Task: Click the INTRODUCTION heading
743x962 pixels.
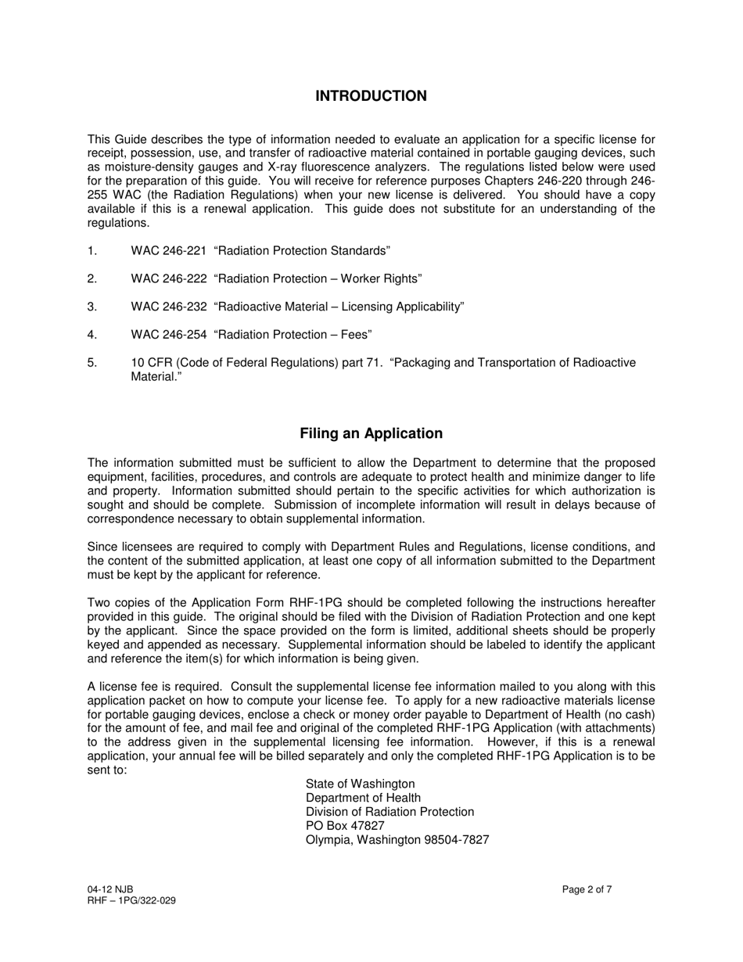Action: [371, 96]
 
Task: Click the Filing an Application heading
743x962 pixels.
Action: [371, 433]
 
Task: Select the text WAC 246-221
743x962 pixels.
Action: [168, 251]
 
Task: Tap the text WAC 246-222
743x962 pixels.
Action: [168, 279]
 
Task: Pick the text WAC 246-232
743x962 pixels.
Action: [168, 307]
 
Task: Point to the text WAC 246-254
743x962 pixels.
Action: [168, 336]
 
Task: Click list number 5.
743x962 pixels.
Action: [92, 363]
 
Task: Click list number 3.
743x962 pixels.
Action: [92, 307]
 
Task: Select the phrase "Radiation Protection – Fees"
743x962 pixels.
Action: [292, 336]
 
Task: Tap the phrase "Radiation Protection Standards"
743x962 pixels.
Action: [301, 251]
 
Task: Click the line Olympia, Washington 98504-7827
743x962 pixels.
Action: [397, 840]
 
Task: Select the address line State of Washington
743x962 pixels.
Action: [360, 784]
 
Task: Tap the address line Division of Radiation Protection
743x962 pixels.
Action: [389, 812]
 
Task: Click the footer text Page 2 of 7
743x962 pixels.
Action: [587, 889]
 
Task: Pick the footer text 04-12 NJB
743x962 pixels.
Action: [110, 889]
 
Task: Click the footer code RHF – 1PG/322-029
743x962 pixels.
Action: [131, 900]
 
